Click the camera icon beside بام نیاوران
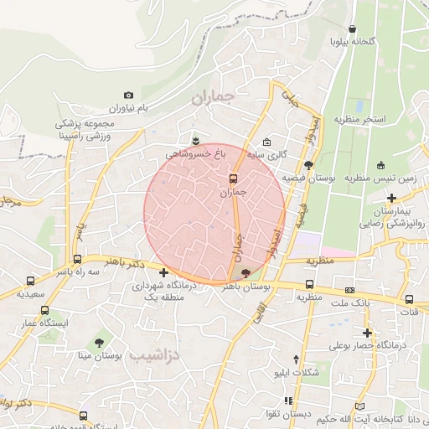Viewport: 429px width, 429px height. click(x=128, y=96)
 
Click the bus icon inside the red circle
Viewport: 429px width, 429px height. click(x=234, y=178)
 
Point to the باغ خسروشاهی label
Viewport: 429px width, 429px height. click(x=196, y=153)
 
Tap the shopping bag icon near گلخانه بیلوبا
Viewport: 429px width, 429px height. click(x=352, y=28)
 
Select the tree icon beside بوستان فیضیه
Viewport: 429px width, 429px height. click(x=309, y=165)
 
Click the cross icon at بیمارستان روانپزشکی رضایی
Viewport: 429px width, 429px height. click(x=391, y=198)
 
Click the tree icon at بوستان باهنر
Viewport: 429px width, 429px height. click(x=245, y=273)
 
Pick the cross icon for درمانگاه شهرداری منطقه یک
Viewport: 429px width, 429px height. click(x=163, y=272)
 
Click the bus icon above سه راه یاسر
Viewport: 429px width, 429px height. click(x=77, y=259)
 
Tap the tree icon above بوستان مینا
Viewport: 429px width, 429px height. click(x=100, y=343)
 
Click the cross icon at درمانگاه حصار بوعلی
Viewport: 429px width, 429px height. click(x=367, y=332)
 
